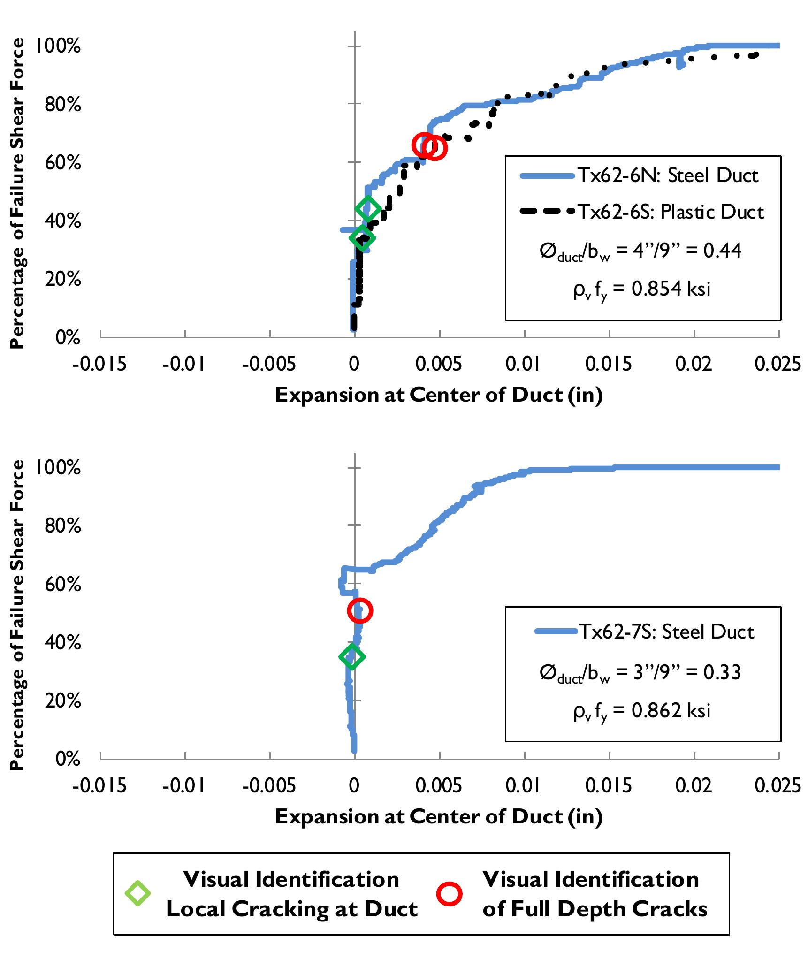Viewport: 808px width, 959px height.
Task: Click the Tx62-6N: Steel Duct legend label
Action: tap(667, 175)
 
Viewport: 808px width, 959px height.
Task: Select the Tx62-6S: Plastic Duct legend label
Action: tap(670, 212)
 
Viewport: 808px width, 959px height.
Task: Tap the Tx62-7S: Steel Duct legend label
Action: tap(666, 632)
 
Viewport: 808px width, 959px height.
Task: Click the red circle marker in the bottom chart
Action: tap(360, 610)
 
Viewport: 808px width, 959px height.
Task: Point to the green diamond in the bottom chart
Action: tap(352, 656)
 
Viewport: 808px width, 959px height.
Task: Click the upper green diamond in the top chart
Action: tap(368, 208)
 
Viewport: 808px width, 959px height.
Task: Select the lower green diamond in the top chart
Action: tap(362, 238)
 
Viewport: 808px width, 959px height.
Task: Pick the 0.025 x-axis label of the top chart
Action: tap(777, 365)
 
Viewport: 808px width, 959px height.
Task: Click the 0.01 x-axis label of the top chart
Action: tap(524, 365)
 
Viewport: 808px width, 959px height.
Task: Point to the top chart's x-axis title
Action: tap(439, 395)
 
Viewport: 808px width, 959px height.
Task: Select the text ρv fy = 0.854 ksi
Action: tap(641, 289)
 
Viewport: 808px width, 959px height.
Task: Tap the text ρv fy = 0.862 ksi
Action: tap(641, 711)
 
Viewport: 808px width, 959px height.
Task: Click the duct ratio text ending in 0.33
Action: tap(640, 673)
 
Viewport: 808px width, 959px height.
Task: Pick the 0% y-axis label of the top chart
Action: tap(68, 337)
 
